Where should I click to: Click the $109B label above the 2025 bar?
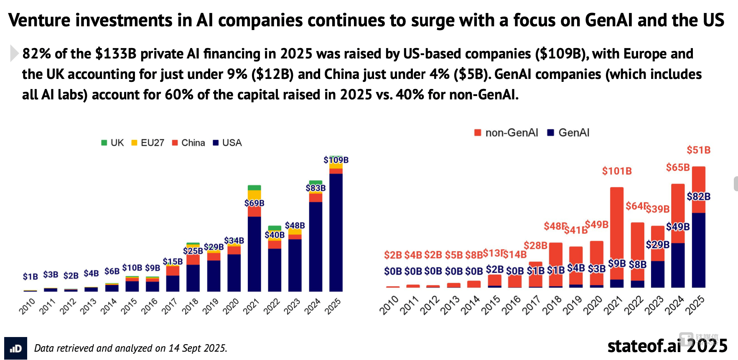(x=336, y=160)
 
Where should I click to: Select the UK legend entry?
(x=113, y=143)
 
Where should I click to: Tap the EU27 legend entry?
(x=148, y=143)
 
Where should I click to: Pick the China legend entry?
(x=188, y=143)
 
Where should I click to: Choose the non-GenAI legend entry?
(x=506, y=133)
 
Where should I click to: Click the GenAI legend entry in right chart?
(x=569, y=133)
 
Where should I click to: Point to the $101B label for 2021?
(x=617, y=171)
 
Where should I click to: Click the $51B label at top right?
(x=699, y=150)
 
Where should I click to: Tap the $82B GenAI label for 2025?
(x=699, y=196)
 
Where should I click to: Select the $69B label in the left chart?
(x=254, y=203)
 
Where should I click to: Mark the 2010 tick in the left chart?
(x=27, y=306)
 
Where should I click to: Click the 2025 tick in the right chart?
(x=695, y=305)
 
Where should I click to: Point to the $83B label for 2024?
(x=316, y=188)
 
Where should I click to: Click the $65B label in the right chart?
(x=678, y=167)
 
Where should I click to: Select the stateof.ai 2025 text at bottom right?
(x=667, y=346)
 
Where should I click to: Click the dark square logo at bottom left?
(x=15, y=348)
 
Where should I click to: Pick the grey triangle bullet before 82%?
(x=14, y=53)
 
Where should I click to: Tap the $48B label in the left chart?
(x=295, y=226)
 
